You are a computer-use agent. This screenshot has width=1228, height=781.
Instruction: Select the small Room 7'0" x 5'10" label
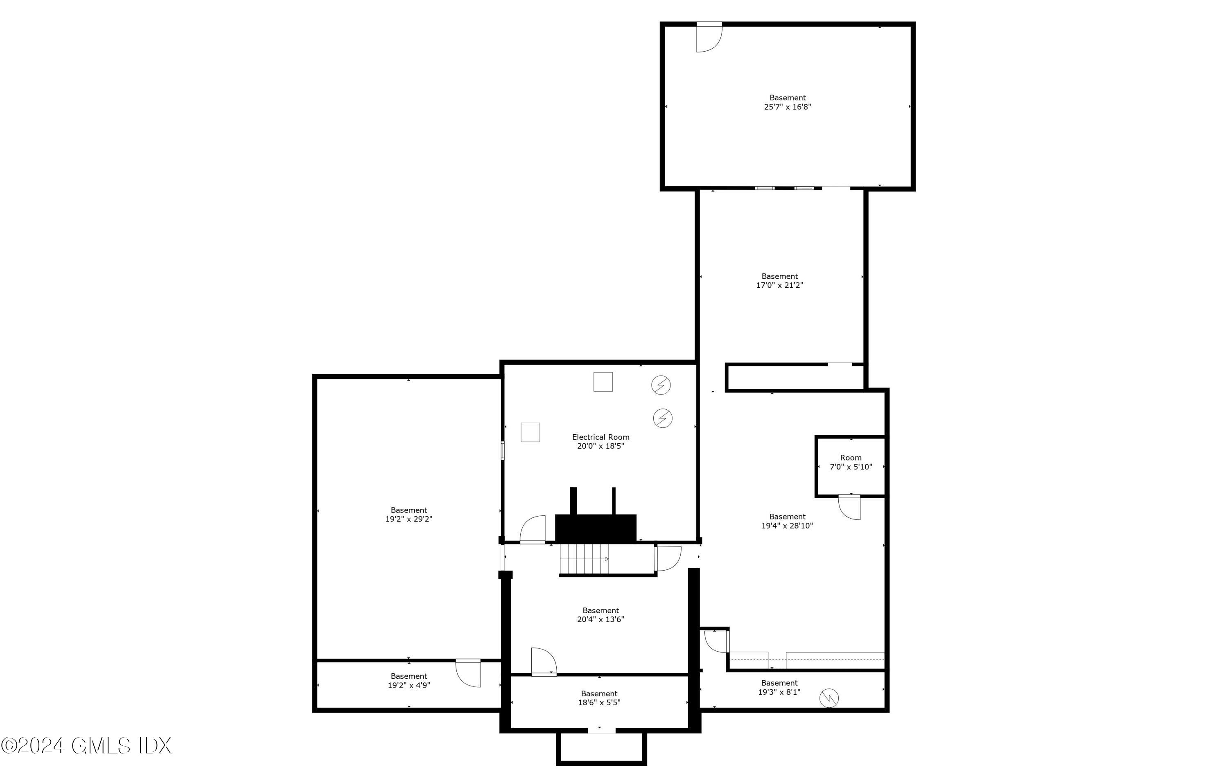(850, 462)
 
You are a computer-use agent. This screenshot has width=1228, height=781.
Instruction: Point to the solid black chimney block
(595, 528)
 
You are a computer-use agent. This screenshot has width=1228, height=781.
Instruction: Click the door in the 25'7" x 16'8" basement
(709, 38)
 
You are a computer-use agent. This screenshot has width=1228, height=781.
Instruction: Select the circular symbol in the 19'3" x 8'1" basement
(829, 698)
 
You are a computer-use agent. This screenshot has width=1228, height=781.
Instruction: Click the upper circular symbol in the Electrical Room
(661, 385)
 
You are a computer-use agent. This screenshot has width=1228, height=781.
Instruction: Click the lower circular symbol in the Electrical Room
(662, 418)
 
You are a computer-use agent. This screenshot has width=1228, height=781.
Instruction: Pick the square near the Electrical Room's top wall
(603, 382)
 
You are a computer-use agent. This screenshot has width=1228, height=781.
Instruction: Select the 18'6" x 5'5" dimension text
(599, 702)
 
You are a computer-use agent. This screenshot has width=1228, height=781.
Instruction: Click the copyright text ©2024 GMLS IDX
(86, 746)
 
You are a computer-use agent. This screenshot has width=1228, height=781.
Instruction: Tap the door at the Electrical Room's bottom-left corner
(533, 530)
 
